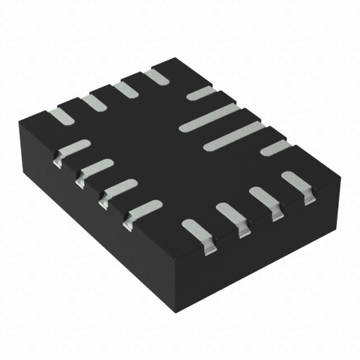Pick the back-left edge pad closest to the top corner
tap(154, 76)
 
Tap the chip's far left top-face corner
tap(18, 120)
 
